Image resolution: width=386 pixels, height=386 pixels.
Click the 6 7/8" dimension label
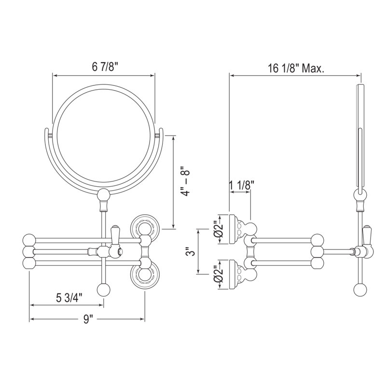[104, 67]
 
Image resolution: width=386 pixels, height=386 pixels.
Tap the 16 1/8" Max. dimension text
[296, 68]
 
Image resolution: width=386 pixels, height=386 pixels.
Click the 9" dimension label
[87, 319]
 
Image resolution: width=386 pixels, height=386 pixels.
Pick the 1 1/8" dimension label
[242, 185]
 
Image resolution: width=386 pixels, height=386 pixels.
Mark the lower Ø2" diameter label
[218, 274]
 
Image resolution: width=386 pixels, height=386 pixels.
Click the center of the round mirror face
[104, 136]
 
